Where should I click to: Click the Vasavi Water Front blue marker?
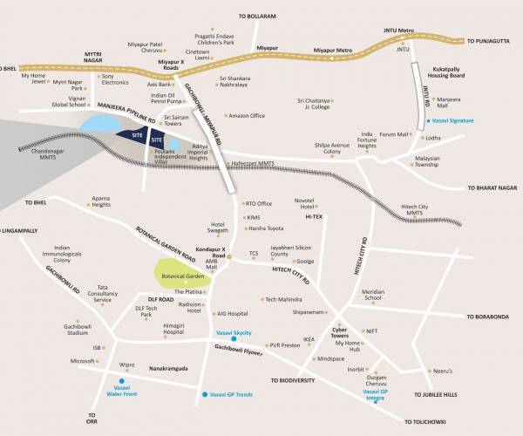121,381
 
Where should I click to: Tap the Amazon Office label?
246,115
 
